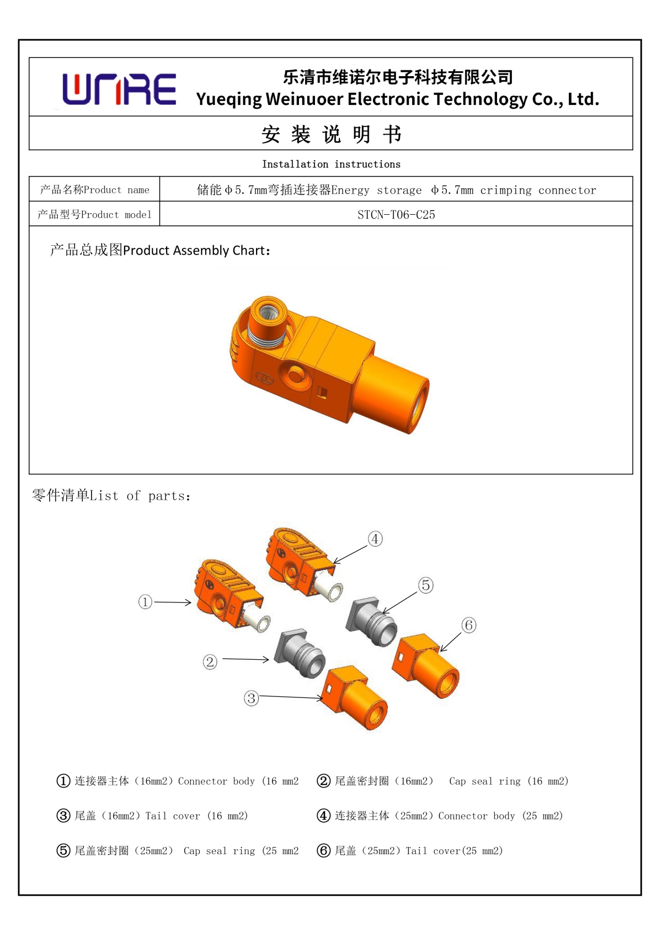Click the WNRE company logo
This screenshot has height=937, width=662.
point(119,89)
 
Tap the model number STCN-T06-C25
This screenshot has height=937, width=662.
point(396,215)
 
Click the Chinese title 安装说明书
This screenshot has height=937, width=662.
point(331,134)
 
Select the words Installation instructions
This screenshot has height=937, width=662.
point(331,165)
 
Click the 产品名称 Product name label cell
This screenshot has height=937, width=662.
point(94,190)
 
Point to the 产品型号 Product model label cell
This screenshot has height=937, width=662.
point(94,215)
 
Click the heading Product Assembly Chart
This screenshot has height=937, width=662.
point(160,251)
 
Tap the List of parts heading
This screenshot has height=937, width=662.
point(111,496)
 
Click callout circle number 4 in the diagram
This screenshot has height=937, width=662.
point(375,539)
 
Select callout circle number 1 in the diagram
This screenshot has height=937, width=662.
point(145,601)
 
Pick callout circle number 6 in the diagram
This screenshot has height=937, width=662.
point(468,625)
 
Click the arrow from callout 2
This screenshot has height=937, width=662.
point(245,659)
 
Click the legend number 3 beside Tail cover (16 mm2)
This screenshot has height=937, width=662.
point(63,816)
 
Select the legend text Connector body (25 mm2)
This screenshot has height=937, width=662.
point(500,816)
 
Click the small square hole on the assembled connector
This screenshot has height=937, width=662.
point(323,393)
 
